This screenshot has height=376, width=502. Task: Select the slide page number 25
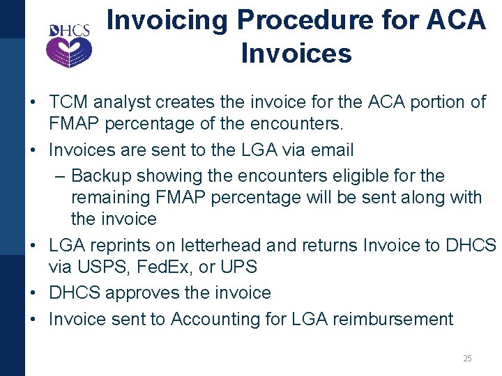point(467,359)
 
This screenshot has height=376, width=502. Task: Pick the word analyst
point(124,102)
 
